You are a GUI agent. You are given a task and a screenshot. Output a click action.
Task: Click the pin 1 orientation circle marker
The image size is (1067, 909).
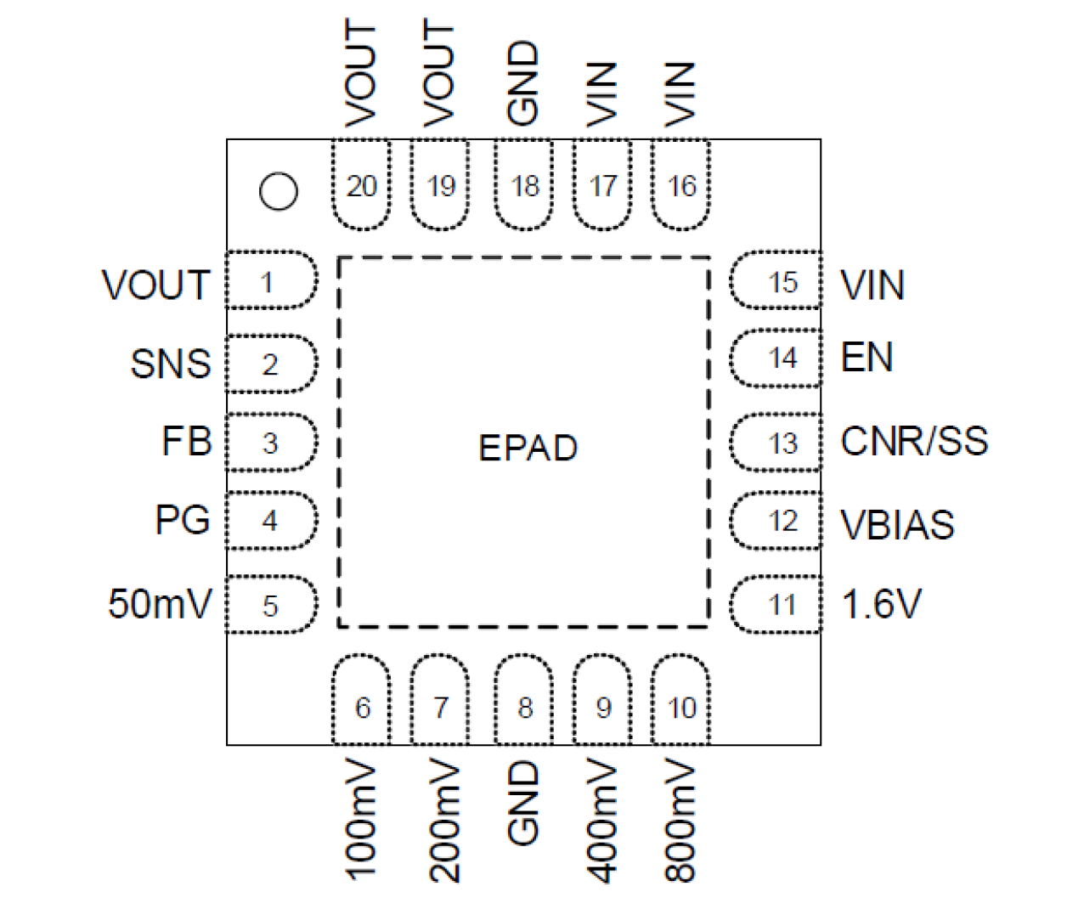279,191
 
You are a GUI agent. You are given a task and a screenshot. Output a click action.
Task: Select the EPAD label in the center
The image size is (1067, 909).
528,448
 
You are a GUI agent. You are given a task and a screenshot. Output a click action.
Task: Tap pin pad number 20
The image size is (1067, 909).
361,185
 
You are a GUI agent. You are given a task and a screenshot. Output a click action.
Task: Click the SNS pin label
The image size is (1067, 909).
170,364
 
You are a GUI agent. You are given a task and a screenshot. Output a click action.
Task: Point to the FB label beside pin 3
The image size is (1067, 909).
186,442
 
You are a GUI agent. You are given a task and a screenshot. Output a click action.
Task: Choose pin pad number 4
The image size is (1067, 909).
271,520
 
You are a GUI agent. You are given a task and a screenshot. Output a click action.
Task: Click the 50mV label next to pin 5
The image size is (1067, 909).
160,604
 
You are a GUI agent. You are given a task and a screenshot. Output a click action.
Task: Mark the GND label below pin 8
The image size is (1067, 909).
523,803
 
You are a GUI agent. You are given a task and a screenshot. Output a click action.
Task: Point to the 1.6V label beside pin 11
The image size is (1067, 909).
881,604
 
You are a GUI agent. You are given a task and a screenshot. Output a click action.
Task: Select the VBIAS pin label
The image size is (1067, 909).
897,525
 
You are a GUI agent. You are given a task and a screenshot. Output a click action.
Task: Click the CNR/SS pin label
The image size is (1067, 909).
914,441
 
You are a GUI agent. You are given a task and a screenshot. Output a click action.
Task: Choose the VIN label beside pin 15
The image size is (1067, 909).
872,285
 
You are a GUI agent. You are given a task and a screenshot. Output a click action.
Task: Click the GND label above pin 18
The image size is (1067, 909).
523,82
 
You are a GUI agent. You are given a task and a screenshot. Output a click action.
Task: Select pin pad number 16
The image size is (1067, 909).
681,185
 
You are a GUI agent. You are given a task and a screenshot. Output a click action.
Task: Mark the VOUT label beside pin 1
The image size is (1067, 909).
155,285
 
